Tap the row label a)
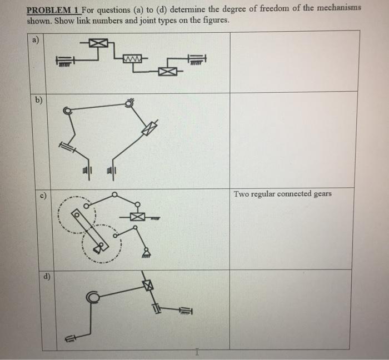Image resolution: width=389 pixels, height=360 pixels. [x=36, y=39]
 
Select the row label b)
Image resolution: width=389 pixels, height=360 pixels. [x=38, y=101]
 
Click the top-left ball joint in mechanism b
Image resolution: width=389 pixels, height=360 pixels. [x=68, y=111]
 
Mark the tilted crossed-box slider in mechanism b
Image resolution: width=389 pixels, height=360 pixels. [x=148, y=128]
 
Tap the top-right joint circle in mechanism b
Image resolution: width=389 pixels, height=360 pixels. [x=130, y=102]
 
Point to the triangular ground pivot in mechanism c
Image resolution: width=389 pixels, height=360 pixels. [x=146, y=252]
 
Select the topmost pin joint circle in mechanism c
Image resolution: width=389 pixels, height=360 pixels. [x=114, y=194]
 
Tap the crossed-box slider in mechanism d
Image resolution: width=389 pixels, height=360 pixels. [x=147, y=284]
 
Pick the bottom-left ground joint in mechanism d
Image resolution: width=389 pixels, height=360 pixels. [x=71, y=337]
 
